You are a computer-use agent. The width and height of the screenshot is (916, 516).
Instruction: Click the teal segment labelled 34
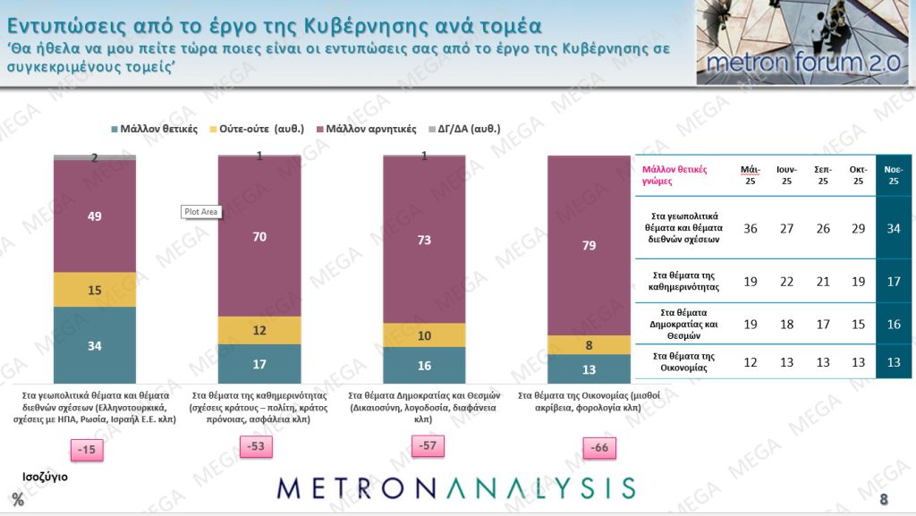pos(94,345)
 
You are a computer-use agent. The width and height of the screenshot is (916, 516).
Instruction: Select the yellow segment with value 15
pos(94,290)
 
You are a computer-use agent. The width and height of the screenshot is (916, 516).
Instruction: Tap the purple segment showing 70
pos(259,237)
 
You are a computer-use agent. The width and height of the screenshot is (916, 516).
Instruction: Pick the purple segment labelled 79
pos(589,245)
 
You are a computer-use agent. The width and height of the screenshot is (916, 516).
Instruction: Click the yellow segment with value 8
pos(589,345)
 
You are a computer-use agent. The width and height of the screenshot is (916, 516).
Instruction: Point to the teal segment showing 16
pos(424,365)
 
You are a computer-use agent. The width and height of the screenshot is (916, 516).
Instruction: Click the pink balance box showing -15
pos(88,450)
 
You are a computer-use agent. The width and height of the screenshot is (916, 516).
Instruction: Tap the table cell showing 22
pos(787,282)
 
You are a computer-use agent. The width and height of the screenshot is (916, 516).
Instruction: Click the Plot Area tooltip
pos(201,212)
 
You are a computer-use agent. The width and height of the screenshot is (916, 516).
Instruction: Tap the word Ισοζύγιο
pos(46,477)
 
